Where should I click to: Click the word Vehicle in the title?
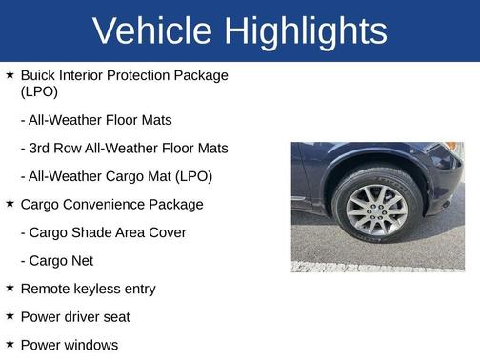pyautogui.click(x=154, y=31)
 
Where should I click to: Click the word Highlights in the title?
pyautogui.click(x=306, y=31)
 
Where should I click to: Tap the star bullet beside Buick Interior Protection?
pyautogui.click(x=10, y=73)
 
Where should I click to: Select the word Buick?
pyautogui.click(x=38, y=74)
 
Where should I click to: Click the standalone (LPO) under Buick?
pyautogui.click(x=39, y=92)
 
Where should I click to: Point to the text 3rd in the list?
pyautogui.click(x=44, y=149)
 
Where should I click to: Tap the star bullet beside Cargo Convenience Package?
pyautogui.click(x=10, y=203)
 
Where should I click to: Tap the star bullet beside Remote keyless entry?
pyautogui.click(x=10, y=287)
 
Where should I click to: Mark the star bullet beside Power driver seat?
pyautogui.click(x=10, y=315)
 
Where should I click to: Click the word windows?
pyautogui.click(x=91, y=345)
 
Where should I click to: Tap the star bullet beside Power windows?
pyautogui.click(x=10, y=343)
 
